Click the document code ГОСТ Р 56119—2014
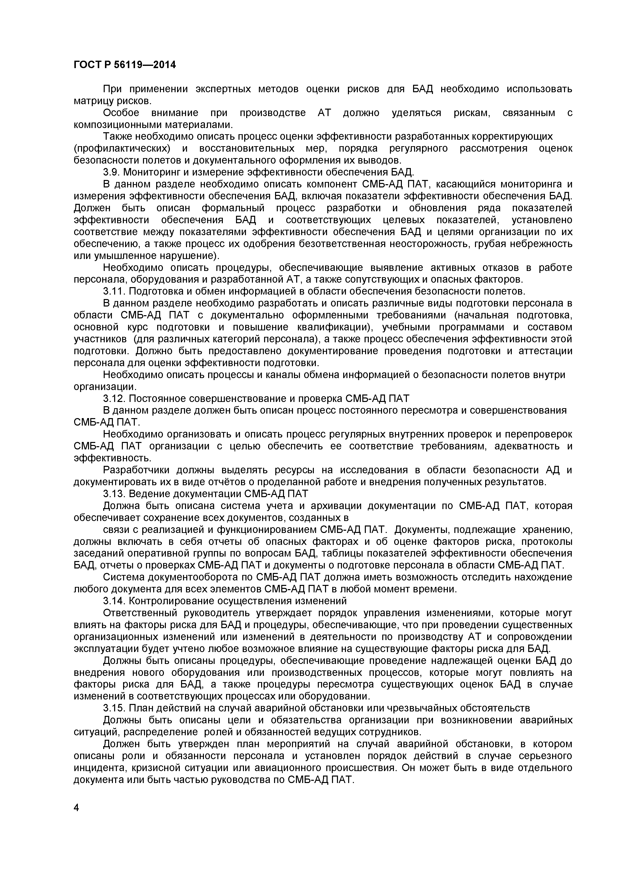point(125,65)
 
